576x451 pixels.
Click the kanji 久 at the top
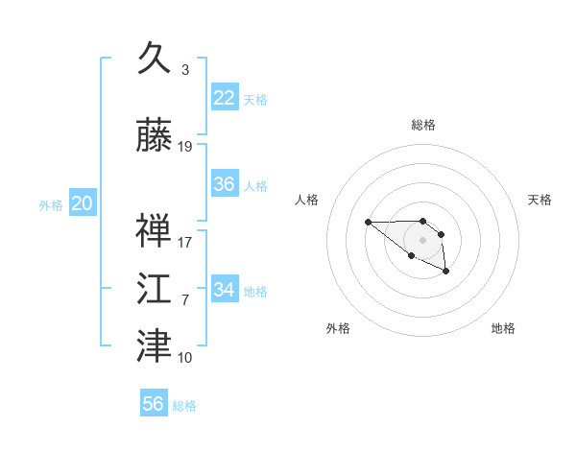(154, 58)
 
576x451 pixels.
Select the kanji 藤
(154, 134)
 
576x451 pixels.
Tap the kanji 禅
(154, 230)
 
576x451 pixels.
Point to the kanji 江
(154, 288)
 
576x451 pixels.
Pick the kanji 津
(154, 345)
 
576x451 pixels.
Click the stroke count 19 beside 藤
(184, 147)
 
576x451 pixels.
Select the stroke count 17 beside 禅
(184, 243)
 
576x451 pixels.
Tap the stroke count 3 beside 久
(185, 69)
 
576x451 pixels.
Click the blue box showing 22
(225, 97)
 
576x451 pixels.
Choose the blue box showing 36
(225, 183)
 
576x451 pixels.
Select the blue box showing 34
(225, 288)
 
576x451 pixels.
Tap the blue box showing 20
(83, 202)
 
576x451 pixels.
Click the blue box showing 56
(154, 402)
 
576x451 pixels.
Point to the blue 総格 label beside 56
(184, 406)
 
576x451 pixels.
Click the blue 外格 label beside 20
(51, 205)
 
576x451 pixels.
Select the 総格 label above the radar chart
(423, 125)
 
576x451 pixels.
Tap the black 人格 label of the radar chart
(306, 200)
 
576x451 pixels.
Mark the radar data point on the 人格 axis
(368, 222)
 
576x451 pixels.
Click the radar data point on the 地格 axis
(446, 271)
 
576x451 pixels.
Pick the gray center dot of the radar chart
(422, 240)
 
